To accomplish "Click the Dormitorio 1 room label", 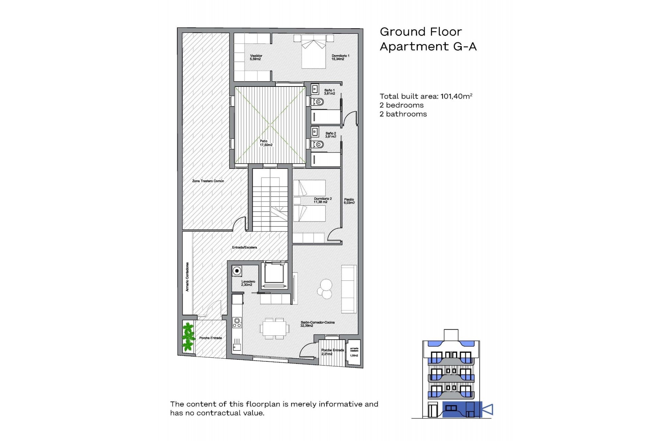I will click(340, 57).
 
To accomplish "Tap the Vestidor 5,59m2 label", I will click(256, 57).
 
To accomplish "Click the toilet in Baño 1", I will click(318, 102).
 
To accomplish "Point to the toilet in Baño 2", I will click(318, 144).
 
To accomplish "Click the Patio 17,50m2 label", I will click(266, 143).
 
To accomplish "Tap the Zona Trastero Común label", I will click(208, 181).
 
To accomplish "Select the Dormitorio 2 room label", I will click(323, 200).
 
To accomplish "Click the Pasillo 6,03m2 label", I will click(349, 201).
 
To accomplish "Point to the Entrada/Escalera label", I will click(244, 247).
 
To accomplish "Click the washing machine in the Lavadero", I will click(237, 271).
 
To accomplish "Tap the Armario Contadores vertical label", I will click(187, 277).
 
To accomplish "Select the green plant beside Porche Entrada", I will click(188, 336).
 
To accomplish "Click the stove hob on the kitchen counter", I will click(237, 322).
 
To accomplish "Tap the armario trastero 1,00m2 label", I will click(354, 352).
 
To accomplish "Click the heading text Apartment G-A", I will click(428, 47).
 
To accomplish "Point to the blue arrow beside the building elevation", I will click(488, 409).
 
